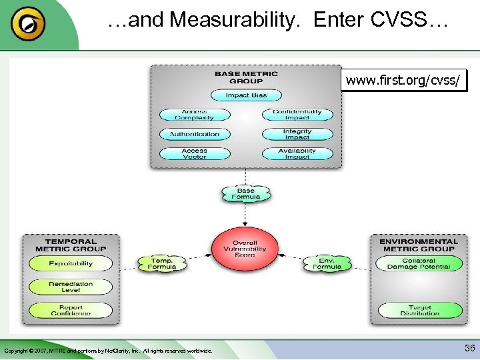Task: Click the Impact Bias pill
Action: coord(246,95)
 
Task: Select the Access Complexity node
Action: coord(195,115)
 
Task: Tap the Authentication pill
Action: coord(195,134)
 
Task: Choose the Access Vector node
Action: coord(195,153)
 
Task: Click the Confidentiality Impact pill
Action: coord(297,115)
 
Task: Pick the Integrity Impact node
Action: coord(297,134)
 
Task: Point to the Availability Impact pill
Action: coord(297,153)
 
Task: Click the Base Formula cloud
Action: coord(246,194)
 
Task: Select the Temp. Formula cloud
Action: coord(162,263)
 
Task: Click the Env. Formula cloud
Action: coord(327,263)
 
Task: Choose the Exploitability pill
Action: coord(71,264)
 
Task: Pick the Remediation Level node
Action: coord(71,287)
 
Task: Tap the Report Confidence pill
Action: coord(71,310)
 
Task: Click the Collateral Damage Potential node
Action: coord(420,264)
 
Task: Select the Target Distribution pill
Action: coord(420,310)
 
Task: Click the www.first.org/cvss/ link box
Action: coord(403,81)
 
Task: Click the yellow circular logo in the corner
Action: coord(29,25)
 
